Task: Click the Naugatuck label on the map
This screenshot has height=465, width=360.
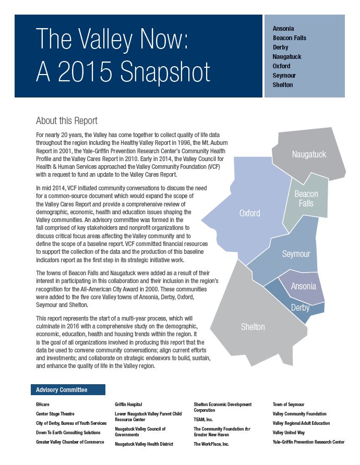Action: pos(309,154)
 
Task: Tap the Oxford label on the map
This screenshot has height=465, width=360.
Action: pos(249,213)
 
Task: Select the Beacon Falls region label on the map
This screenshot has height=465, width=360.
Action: pos(306,199)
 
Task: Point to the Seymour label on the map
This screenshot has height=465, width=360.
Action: pos(296,254)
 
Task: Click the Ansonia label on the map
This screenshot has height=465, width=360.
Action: pos(303,286)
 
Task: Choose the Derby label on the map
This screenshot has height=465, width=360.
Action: pos(300,308)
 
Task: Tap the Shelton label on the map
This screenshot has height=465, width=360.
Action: pos(253,327)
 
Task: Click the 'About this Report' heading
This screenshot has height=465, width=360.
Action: pos(66,121)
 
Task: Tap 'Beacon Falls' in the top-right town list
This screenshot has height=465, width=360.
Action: pos(290,38)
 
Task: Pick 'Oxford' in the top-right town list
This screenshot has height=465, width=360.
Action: pos(281,66)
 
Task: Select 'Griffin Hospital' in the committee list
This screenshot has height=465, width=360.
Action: pos(128,404)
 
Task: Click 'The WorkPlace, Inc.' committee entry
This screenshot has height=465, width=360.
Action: pos(211,444)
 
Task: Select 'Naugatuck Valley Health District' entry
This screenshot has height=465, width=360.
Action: pos(144,444)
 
